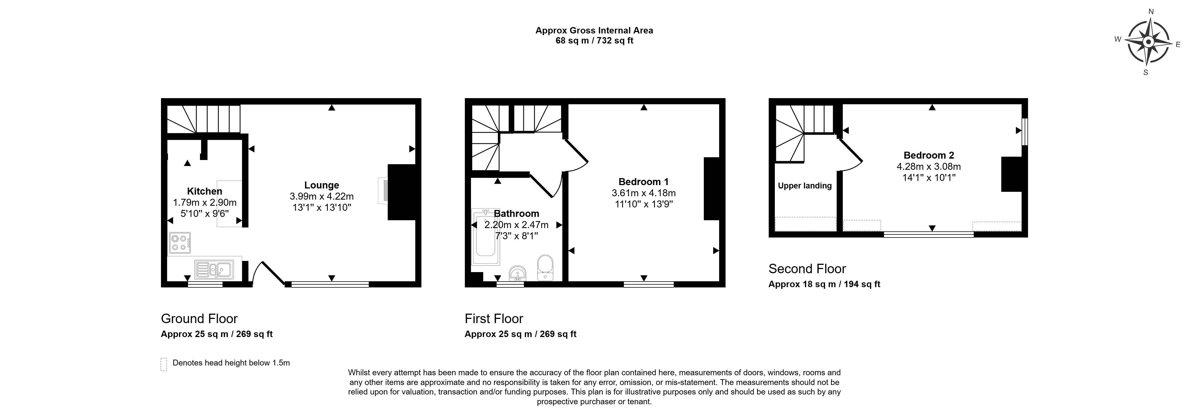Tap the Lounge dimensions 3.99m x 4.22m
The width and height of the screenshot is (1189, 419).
[x=322, y=196]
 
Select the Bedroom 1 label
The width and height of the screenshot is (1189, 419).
[x=643, y=181]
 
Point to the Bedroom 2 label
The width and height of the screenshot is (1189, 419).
[x=929, y=155]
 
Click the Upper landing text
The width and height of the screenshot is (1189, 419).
[x=805, y=186]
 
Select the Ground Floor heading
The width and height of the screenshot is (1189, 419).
[x=199, y=319]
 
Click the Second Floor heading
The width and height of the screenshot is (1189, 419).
[x=807, y=269]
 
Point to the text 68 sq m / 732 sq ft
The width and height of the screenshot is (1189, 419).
[x=594, y=41]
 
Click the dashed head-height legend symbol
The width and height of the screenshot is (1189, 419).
[x=163, y=364]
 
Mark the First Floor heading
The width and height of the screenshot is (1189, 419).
[x=494, y=319]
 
